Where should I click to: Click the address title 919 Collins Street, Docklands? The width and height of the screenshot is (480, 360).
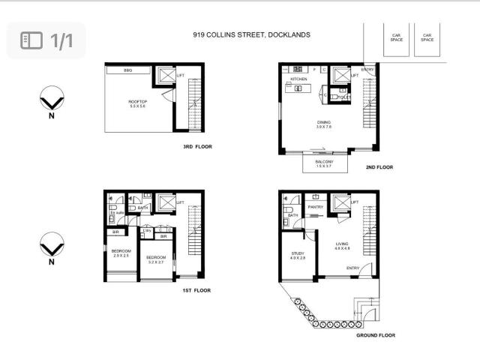(251, 34)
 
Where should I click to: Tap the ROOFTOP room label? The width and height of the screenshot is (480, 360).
(137, 103)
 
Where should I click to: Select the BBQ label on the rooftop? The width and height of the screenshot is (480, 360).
(128, 70)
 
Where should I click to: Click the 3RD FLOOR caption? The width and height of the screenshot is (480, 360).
(198, 147)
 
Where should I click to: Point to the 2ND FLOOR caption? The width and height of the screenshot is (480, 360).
(379, 167)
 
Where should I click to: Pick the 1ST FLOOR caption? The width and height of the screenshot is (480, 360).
(196, 290)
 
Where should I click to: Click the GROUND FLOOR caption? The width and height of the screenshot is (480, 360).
(376, 335)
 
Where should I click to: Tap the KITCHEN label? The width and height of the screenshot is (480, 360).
(299, 78)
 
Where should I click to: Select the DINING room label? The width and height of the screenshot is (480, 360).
(324, 124)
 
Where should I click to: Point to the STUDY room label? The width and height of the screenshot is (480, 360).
(298, 254)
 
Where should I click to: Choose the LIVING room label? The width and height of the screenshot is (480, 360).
(342, 244)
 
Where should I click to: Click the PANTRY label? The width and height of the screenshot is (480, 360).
(315, 207)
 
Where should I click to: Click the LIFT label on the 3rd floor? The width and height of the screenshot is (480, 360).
(180, 76)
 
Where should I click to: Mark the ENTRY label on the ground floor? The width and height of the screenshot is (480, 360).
(352, 268)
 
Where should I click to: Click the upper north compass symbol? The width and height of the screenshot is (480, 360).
(52, 100)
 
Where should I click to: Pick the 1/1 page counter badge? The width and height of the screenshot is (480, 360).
(46, 40)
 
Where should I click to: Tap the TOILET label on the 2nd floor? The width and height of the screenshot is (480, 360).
(344, 97)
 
